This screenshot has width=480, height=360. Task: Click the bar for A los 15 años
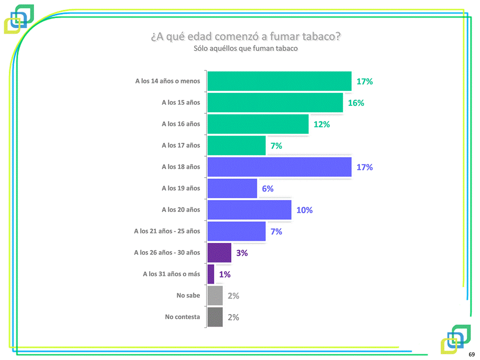pyautogui.click(x=275, y=103)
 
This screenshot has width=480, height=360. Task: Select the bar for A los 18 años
pyautogui.click(x=279, y=167)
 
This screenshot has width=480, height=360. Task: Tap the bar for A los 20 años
pyautogui.click(x=249, y=210)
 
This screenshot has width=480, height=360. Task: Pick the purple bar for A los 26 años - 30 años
pyautogui.click(x=219, y=253)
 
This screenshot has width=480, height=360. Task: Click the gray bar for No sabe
pyautogui.click(x=215, y=296)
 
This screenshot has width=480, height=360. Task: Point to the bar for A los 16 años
pyautogui.click(x=258, y=124)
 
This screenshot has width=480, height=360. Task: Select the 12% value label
pyautogui.click(x=322, y=125)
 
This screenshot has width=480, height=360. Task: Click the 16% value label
pyautogui.click(x=356, y=103)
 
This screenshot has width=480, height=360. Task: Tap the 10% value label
pyautogui.click(x=304, y=210)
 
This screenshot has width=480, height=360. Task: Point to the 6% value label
pyautogui.click(x=268, y=189)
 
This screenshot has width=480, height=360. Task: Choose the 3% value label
pyautogui.click(x=242, y=253)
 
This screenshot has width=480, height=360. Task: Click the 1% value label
pyautogui.click(x=225, y=275)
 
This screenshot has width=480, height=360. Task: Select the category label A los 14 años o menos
pyautogui.click(x=167, y=81)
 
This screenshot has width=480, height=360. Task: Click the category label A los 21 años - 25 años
pyautogui.click(x=167, y=231)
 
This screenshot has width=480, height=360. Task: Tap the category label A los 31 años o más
pyautogui.click(x=171, y=274)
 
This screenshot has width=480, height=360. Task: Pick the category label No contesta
pyautogui.click(x=182, y=317)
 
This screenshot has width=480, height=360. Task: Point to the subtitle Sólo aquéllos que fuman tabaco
pyautogui.click(x=246, y=48)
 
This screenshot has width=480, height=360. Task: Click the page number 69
pyautogui.click(x=471, y=354)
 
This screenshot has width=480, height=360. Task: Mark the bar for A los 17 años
pyautogui.click(x=236, y=146)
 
